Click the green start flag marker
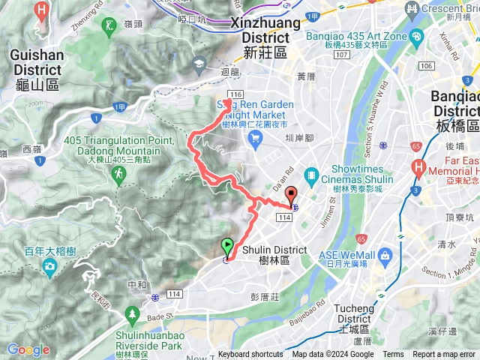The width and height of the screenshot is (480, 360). [x=227, y=244]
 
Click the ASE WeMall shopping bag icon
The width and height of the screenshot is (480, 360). [x=385, y=256]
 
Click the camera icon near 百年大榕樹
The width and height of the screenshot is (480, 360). [x=49, y=266]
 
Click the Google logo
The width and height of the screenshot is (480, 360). [x=28, y=349]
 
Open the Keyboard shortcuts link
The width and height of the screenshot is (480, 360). [x=250, y=355]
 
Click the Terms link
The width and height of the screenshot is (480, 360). [x=393, y=355]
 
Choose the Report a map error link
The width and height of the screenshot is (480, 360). [x=444, y=355]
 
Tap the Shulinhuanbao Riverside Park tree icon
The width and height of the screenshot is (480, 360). [x=132, y=311]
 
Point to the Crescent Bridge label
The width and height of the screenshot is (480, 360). [x=446, y=9]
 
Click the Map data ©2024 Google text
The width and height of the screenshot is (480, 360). [x=333, y=355]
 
